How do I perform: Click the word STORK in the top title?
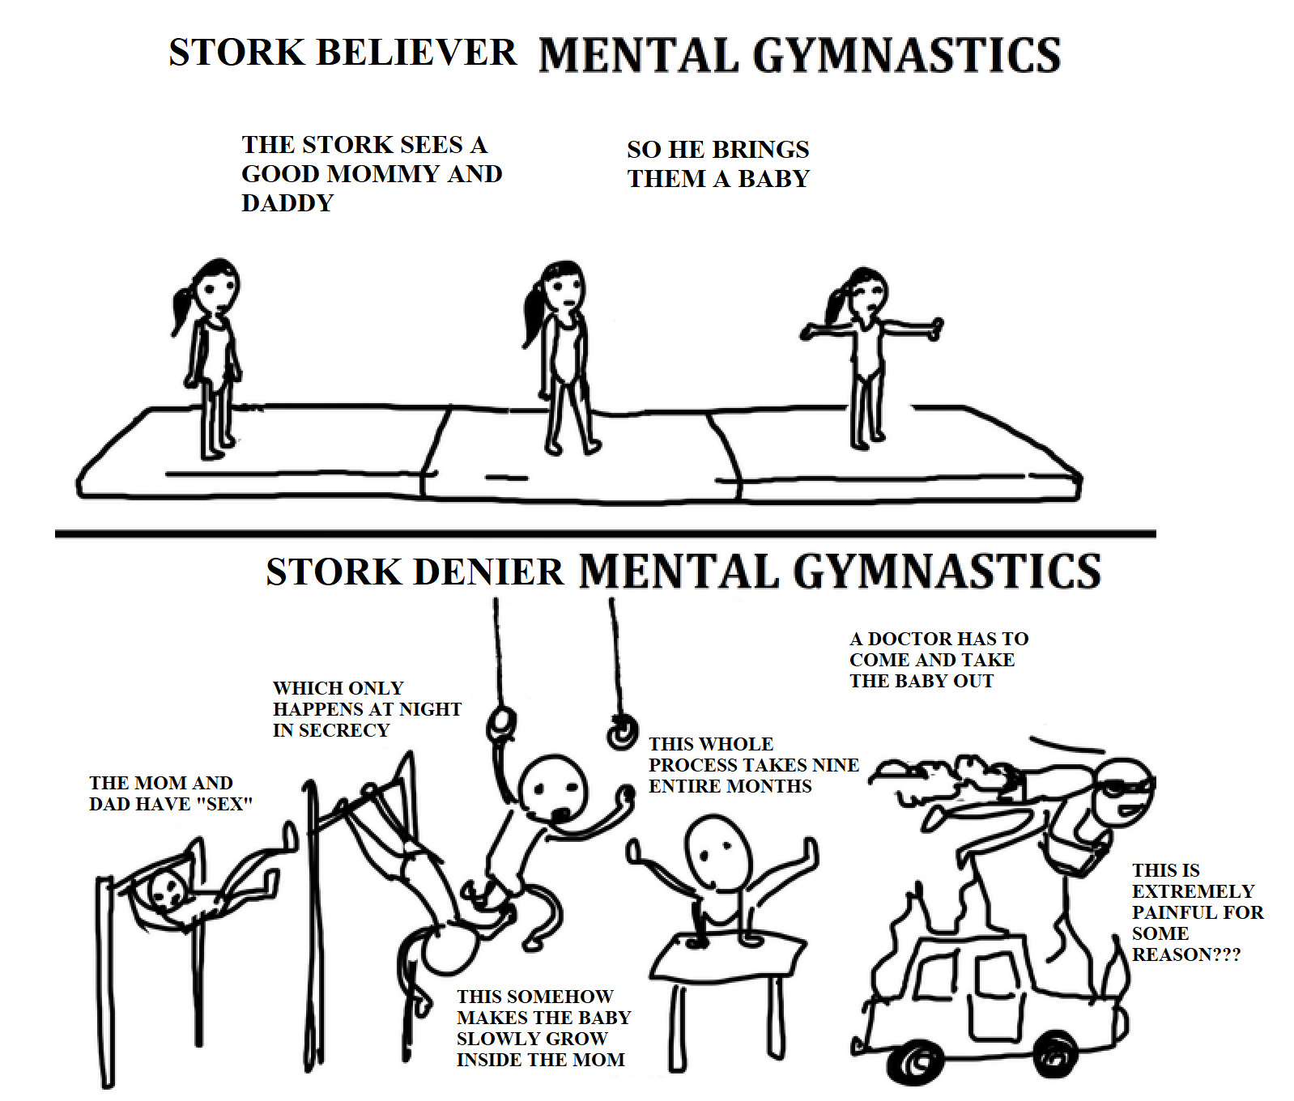point(236,53)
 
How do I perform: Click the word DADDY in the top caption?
point(287,202)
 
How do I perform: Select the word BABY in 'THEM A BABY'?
point(773,178)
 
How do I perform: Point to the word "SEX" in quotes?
point(224,804)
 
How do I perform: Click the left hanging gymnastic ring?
point(501,723)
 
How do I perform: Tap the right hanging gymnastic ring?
point(621,734)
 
